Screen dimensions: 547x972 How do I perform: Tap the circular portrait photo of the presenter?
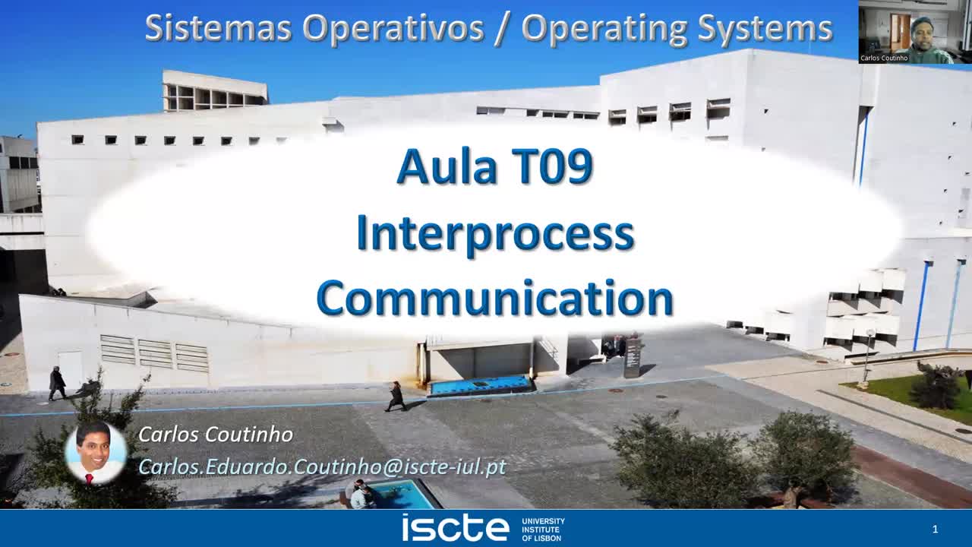coord(96,454)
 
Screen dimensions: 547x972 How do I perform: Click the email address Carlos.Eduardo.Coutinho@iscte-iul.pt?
coord(322,466)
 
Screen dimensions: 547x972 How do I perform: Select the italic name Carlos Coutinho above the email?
coord(216,435)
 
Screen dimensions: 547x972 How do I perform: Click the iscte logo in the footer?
coord(455,527)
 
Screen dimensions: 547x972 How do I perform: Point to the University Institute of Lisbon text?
coord(543,529)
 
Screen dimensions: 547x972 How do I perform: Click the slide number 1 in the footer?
coord(935,529)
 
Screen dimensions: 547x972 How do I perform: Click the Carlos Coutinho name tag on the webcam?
coord(884,58)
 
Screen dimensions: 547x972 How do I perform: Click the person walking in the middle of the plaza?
coord(396,396)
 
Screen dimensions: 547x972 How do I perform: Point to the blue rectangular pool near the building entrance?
coord(480,384)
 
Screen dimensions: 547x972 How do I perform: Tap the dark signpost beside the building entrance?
coord(632,357)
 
